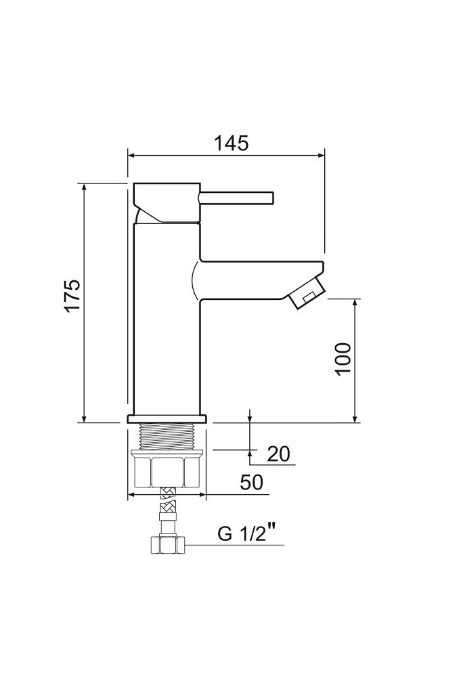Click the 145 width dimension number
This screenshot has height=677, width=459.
[x=232, y=143]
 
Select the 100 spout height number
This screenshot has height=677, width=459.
[x=343, y=359]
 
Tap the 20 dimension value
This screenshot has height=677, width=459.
[x=278, y=454]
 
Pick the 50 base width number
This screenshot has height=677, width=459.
[x=251, y=482]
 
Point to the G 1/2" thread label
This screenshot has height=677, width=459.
[x=246, y=533]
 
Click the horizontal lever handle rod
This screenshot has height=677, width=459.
[x=236, y=198]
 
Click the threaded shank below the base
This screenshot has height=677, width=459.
[x=167, y=437]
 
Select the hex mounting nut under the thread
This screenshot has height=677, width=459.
[x=167, y=471]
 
